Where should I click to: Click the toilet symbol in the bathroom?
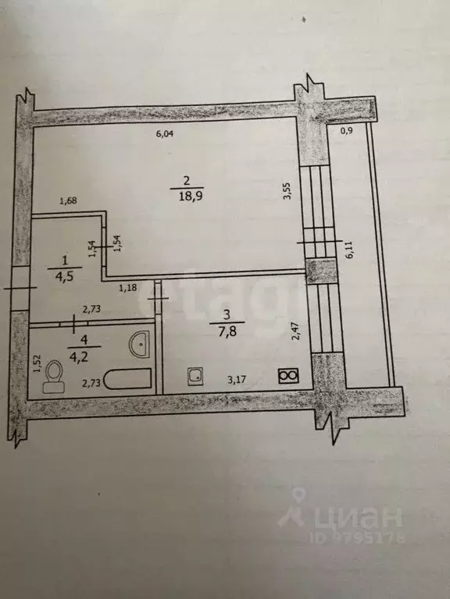point(53,376)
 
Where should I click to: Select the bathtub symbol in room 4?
point(128,379)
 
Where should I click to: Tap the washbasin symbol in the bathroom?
point(139,344)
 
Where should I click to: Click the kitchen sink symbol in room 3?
point(195,377)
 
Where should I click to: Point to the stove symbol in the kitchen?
point(289,376)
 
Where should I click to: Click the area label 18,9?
point(187,197)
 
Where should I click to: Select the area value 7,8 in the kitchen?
point(228,331)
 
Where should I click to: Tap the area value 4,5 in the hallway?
point(64,276)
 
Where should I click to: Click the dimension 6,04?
point(165,133)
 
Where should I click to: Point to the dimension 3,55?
point(287,190)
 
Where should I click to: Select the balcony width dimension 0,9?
point(346,131)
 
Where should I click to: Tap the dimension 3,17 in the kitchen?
point(237,379)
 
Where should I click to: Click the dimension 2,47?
point(295,331)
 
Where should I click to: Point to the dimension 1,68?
point(69,201)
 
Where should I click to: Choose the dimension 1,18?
point(128,288)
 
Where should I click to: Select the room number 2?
point(187,180)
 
